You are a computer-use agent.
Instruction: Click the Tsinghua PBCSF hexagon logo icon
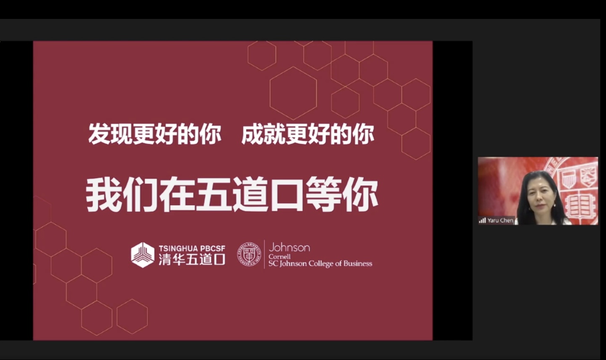(x=143, y=255)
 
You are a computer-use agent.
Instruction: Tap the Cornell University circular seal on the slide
(x=249, y=254)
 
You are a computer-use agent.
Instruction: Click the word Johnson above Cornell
(x=289, y=248)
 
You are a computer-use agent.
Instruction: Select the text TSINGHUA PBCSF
(x=192, y=249)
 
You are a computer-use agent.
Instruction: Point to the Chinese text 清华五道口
(x=192, y=260)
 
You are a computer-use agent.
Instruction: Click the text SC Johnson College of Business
(x=320, y=264)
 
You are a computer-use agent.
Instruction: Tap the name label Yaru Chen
(x=500, y=220)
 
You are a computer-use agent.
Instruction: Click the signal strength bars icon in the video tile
(x=482, y=220)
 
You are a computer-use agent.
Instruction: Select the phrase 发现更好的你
(x=155, y=134)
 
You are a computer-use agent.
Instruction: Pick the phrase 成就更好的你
(x=308, y=134)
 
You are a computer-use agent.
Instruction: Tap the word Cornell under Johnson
(x=279, y=257)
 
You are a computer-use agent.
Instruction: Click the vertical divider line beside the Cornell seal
(x=264, y=254)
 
